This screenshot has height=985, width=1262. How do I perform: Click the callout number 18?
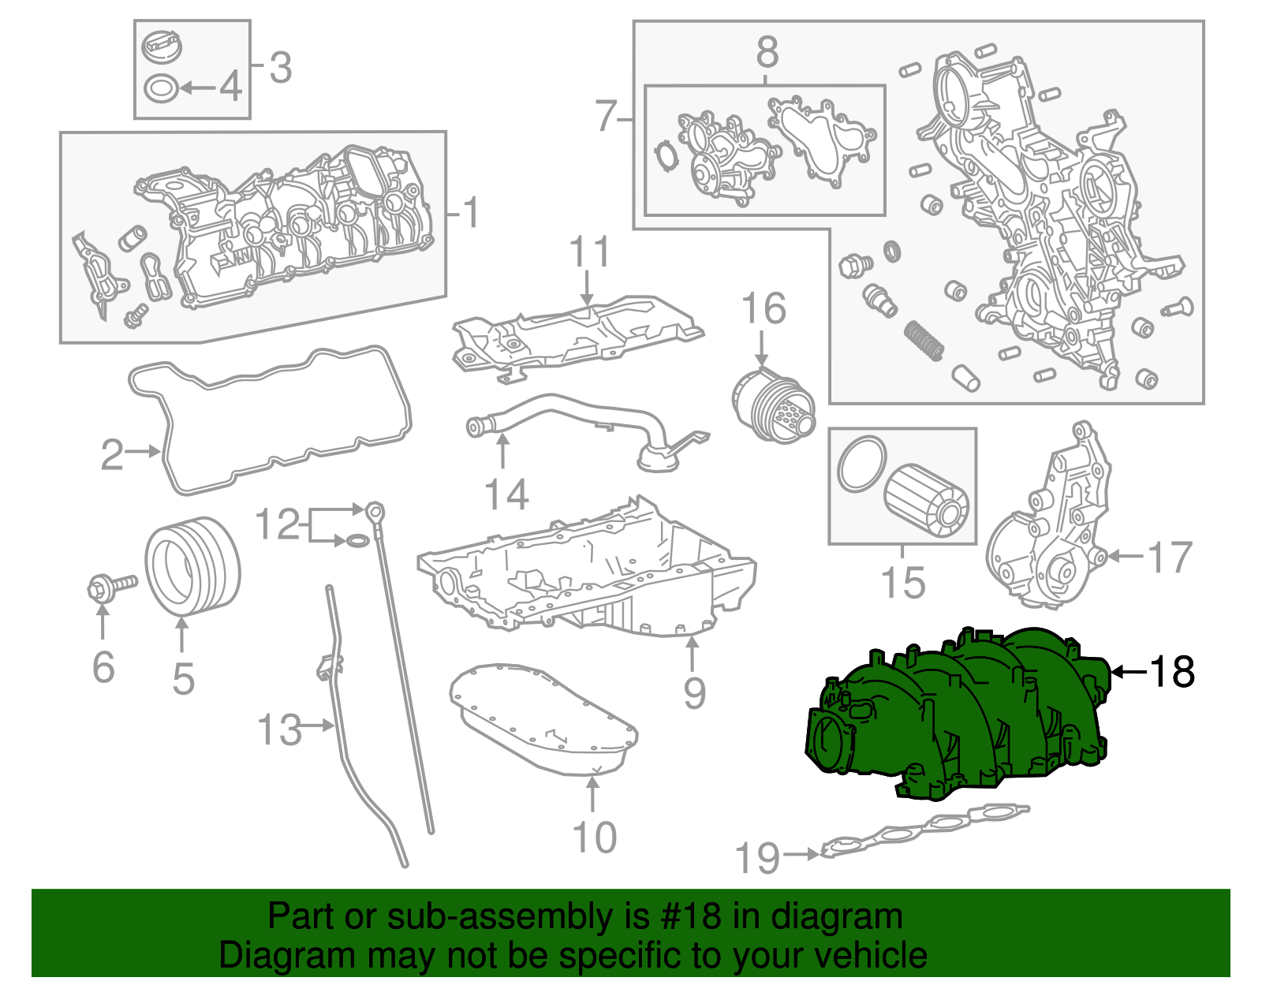point(1172,672)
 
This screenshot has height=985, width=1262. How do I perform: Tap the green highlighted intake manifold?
point(954,718)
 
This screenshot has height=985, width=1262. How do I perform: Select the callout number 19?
point(757,857)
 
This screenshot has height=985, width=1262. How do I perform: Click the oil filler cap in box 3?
point(162,45)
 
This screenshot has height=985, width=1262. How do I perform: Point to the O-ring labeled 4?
point(162,88)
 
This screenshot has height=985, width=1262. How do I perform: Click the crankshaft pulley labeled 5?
point(192,565)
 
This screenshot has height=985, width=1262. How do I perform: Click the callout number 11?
point(589,252)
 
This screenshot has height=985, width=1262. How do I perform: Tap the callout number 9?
point(694,692)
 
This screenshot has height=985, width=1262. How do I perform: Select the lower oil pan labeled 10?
point(544,722)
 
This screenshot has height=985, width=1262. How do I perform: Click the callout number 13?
point(280,729)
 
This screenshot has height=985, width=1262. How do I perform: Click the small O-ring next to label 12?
point(357,541)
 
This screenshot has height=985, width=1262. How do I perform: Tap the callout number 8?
point(767,53)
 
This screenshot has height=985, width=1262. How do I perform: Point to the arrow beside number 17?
point(1124,557)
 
